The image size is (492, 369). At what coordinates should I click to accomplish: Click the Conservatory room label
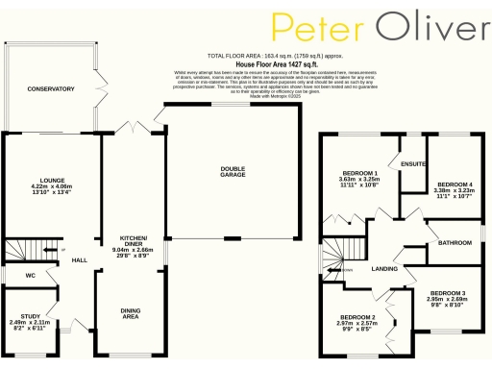(x=51, y=88)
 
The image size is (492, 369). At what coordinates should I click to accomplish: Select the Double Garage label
(x=234, y=171)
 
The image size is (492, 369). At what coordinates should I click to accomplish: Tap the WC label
(x=17, y=275)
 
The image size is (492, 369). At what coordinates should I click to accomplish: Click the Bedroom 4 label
(x=455, y=184)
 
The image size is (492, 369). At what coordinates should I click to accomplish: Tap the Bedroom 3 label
(x=448, y=292)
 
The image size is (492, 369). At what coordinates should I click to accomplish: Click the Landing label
(x=385, y=268)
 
